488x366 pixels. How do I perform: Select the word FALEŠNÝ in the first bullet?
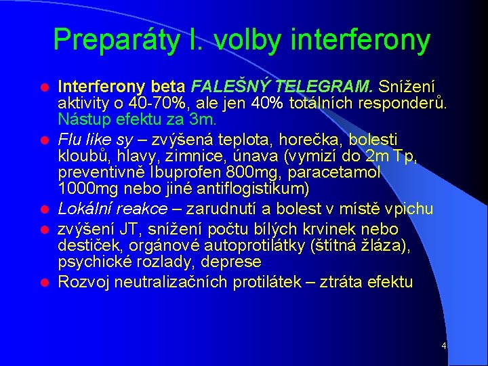pos(221,87)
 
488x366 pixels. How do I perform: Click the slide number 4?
pos(443,346)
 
